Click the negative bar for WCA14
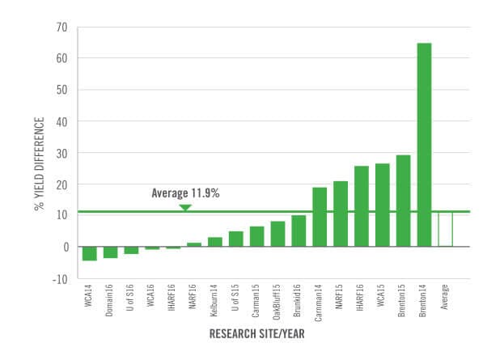tap(90, 253)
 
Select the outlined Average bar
tap(445, 229)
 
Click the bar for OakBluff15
tap(277, 234)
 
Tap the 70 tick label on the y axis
tap(61, 27)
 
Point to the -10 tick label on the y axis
tap(60, 278)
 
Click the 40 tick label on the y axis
tap(61, 121)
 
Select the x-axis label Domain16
tap(111, 299)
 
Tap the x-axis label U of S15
tap(236, 298)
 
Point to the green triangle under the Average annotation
tap(185, 207)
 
